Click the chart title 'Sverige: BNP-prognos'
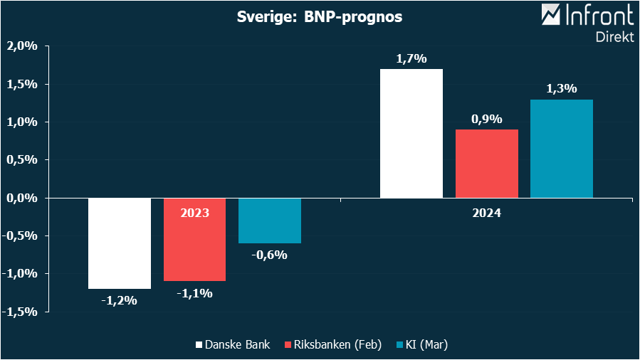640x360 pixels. click(320, 17)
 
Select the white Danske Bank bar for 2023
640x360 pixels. click(120, 243)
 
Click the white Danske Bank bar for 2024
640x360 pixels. click(411, 133)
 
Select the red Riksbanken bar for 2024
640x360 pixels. click(487, 164)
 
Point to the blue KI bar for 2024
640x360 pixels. click(562, 148)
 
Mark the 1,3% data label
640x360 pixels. click(562, 89)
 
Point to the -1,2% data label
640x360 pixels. click(119, 300)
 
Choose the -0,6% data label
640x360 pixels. click(270, 255)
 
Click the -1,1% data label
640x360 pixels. click(194, 292)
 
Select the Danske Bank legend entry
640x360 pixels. click(232, 345)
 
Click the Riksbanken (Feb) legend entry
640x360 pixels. click(332, 345)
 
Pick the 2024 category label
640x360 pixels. click(486, 213)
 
